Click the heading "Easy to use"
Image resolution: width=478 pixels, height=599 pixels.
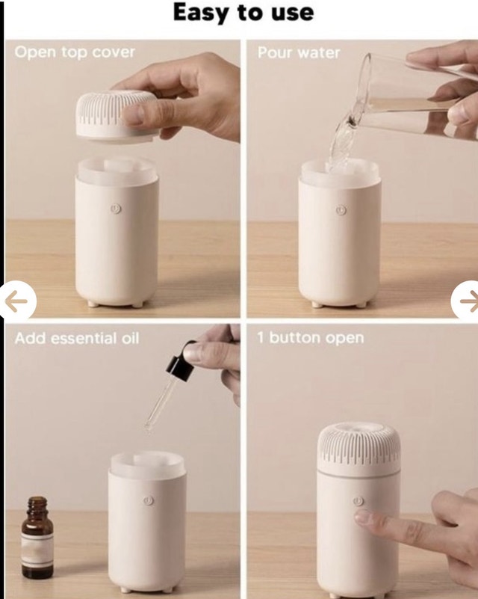(243, 13)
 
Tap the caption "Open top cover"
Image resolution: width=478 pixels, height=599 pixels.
(75, 52)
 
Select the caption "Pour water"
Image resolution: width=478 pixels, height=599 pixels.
(299, 52)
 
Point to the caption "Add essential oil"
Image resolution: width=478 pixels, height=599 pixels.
(77, 338)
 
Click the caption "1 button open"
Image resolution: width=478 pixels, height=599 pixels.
(310, 338)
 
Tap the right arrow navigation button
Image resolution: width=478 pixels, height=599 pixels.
(465, 301)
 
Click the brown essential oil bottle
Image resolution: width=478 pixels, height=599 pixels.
(37, 538)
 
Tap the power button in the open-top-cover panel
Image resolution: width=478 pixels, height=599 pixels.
(116, 209)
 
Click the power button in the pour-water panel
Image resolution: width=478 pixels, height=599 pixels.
(341, 209)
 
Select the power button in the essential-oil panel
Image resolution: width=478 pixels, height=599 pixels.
(149, 500)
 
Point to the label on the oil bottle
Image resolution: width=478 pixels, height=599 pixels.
(37, 550)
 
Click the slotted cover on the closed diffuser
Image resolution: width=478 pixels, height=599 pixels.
(358, 448)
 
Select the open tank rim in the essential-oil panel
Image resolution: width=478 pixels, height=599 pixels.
(148, 464)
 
